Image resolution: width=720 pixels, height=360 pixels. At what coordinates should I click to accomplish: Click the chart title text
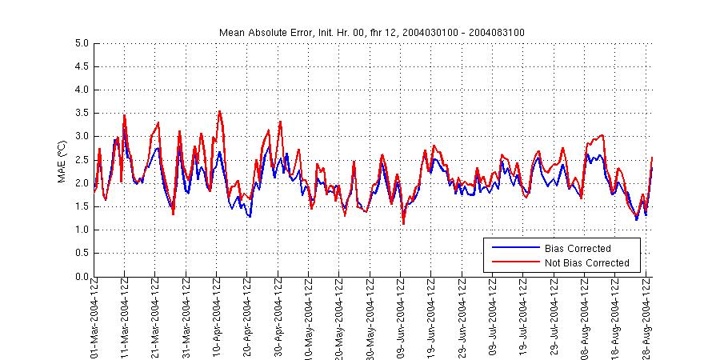click(372, 32)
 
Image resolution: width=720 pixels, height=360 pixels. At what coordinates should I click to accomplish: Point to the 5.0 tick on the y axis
click(82, 43)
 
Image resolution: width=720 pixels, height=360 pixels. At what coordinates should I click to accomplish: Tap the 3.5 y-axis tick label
click(82, 114)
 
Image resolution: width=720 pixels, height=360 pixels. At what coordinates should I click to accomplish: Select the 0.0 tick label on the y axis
click(82, 277)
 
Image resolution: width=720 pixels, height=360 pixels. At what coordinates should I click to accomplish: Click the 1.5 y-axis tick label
click(82, 207)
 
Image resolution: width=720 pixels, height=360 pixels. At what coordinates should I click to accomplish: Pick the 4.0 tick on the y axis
click(82, 90)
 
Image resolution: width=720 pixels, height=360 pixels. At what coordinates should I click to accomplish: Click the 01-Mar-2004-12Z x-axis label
click(94, 317)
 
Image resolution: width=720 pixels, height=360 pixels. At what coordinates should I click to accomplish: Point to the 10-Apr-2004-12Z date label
click(217, 317)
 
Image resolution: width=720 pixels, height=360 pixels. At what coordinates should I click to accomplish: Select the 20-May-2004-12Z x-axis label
click(340, 317)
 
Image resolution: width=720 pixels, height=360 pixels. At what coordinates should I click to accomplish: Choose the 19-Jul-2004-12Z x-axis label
click(524, 317)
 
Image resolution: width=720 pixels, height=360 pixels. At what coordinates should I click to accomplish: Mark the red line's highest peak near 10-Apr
click(219, 111)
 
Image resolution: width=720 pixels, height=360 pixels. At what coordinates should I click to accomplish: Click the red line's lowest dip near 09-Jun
click(403, 223)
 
